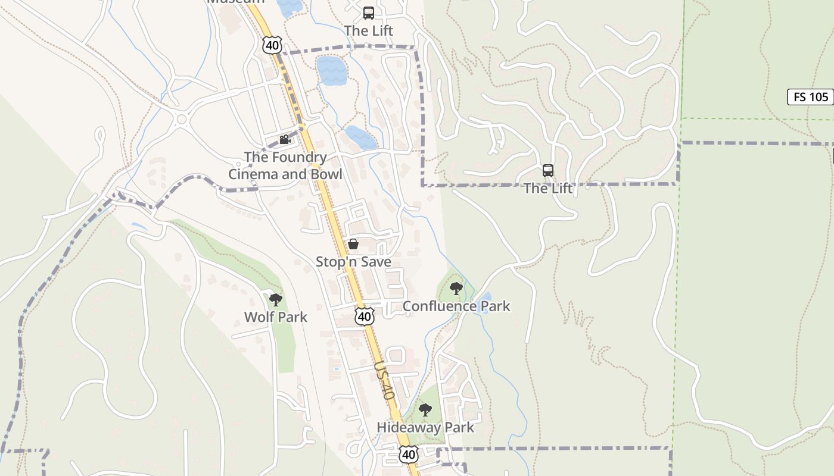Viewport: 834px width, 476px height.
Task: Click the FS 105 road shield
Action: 810,97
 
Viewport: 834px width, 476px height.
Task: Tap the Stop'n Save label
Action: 353,262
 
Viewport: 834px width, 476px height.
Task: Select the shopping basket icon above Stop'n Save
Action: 353,244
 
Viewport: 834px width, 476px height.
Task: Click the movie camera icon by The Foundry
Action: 285,139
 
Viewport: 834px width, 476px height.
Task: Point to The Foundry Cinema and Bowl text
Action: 286,165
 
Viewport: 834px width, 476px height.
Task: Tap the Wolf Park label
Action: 276,317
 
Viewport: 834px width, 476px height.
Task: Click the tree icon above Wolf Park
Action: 275,299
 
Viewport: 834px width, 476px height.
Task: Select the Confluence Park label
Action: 456,306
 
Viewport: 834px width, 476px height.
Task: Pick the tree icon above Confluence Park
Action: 456,289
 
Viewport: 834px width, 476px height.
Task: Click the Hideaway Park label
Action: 425,427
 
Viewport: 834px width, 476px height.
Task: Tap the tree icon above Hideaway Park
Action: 425,409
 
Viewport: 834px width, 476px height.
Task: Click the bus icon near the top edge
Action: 369,12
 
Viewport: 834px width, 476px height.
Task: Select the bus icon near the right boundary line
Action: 548,171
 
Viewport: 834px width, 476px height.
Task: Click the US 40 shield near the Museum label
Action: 272,45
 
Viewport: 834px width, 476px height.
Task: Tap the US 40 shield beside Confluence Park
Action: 365,316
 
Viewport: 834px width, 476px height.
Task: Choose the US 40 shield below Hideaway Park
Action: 409,455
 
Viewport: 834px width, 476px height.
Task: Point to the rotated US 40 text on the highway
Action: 385,381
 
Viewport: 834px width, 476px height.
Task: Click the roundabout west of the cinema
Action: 181,120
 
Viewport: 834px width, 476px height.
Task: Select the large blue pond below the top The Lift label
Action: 331,70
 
